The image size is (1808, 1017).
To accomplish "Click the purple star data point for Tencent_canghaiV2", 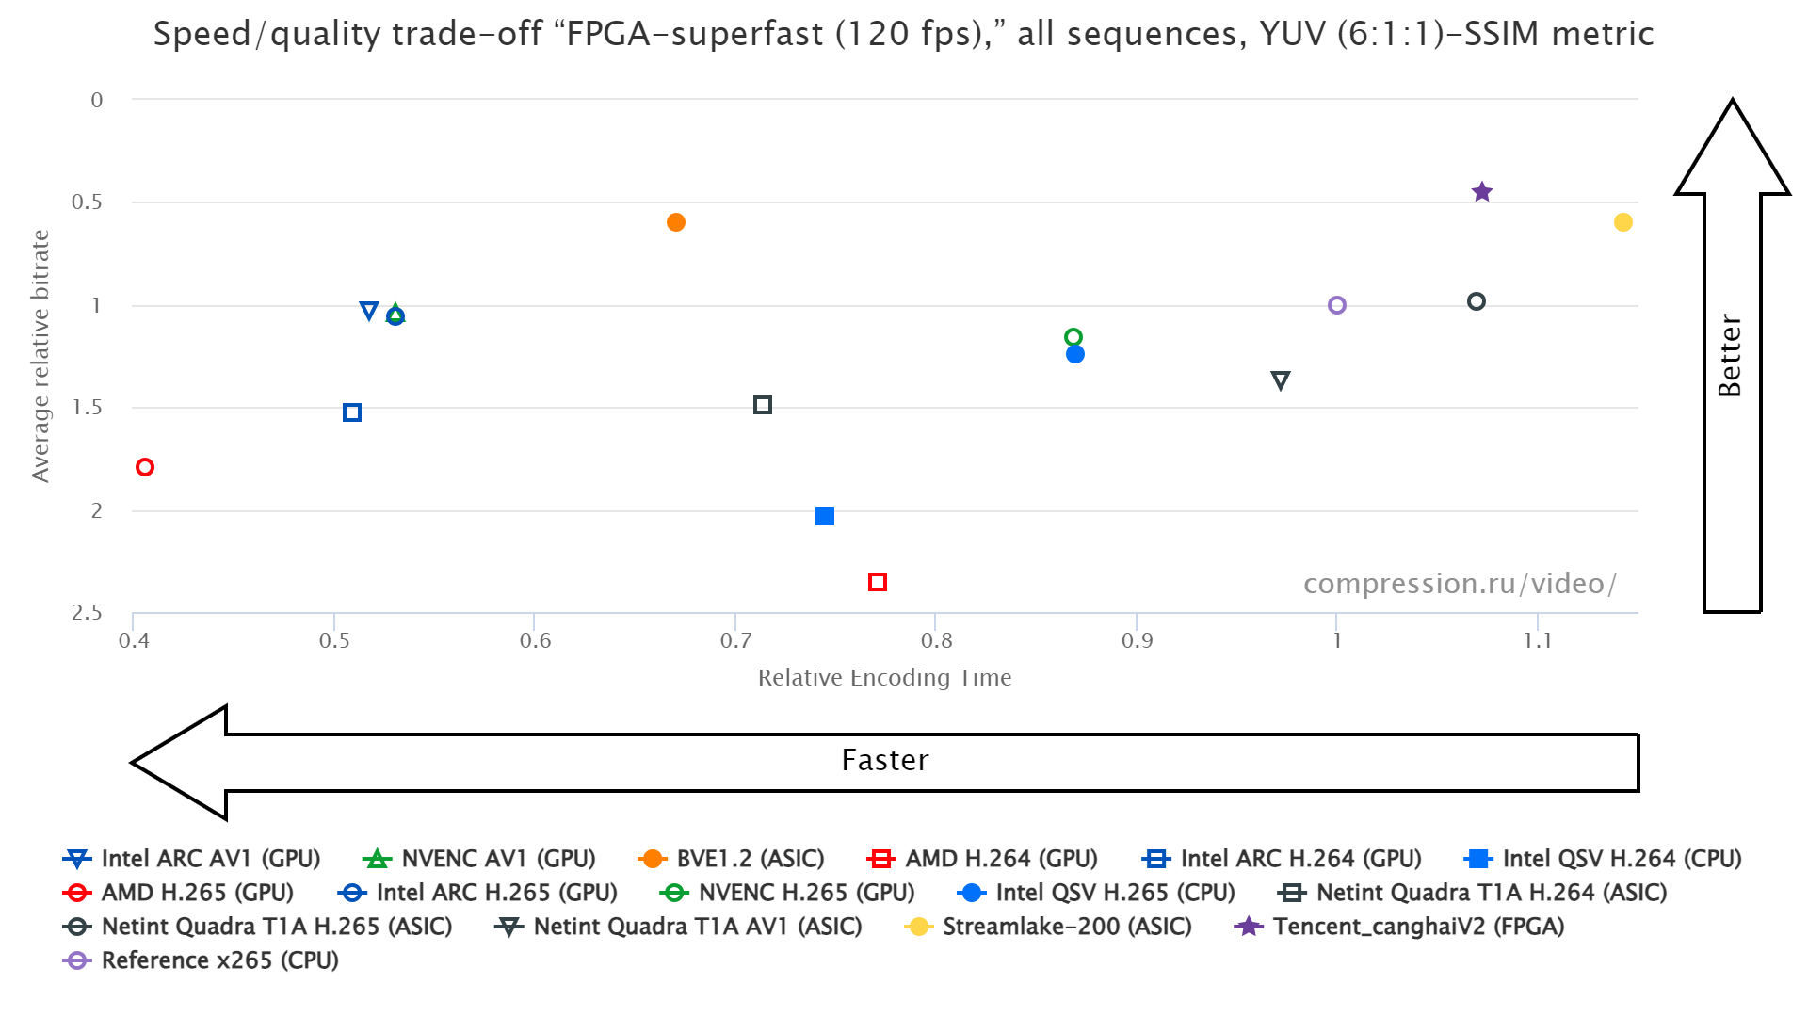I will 1481,192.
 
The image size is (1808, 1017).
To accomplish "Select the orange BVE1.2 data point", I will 675,222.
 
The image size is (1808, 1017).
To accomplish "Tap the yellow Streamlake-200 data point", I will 1622,222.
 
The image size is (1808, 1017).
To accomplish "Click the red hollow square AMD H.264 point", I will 877,582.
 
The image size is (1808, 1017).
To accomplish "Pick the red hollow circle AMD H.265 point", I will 145,467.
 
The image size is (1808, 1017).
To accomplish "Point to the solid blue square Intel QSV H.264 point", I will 825,516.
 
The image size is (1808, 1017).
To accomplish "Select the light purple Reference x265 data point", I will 1336,305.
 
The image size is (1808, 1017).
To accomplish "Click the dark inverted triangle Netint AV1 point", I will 1280,380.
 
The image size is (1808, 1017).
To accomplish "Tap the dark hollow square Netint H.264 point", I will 763,405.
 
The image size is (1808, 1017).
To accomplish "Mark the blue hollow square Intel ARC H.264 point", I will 352,412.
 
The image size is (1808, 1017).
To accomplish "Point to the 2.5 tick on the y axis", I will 88,613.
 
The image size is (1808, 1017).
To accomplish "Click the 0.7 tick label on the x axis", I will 735,641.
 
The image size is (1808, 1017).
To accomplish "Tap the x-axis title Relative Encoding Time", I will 884,678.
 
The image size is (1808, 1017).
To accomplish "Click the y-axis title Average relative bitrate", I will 40,356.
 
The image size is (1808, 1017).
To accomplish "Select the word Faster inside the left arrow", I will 885,761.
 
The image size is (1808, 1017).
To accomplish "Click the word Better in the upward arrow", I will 1730,356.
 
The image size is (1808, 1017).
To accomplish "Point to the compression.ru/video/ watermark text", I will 1460,584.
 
